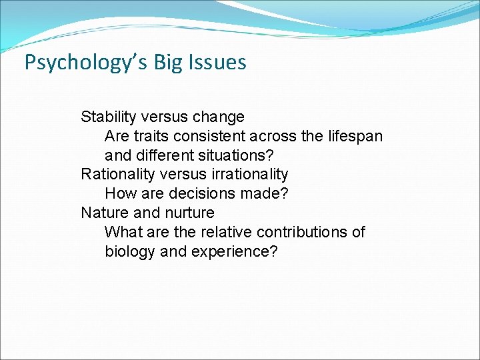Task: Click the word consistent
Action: click(x=214, y=136)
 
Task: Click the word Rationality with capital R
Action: click(x=115, y=175)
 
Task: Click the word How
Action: click(x=119, y=194)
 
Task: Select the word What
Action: click(x=123, y=232)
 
